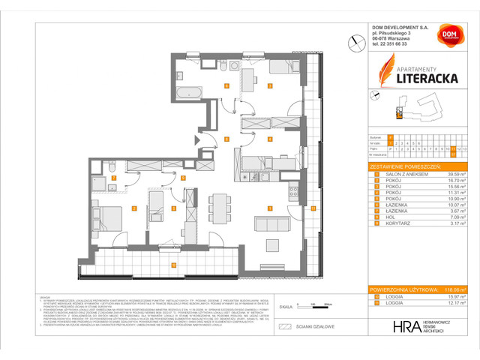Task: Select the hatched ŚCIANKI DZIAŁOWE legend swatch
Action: tap(284, 327)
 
